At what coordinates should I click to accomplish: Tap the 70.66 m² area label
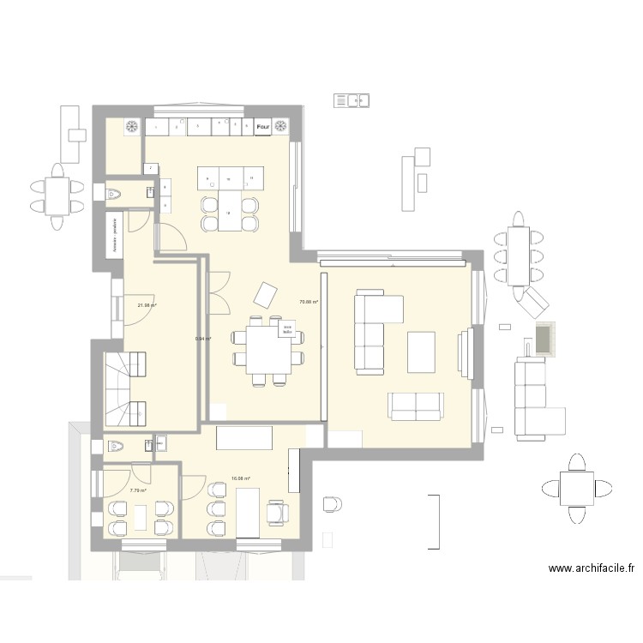308,302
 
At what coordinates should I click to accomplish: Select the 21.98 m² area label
147,305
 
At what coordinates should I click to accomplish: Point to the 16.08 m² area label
240,479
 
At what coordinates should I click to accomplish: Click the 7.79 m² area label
138,490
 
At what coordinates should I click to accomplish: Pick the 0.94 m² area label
203,339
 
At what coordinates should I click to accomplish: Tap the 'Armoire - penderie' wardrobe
114,233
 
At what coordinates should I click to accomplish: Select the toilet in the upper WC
112,195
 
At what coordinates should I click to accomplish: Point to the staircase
125,390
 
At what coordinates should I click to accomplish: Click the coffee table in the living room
421,352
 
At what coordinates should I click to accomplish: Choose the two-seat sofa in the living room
416,405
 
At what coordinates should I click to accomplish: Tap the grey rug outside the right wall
543,339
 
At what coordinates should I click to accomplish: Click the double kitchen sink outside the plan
352,100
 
